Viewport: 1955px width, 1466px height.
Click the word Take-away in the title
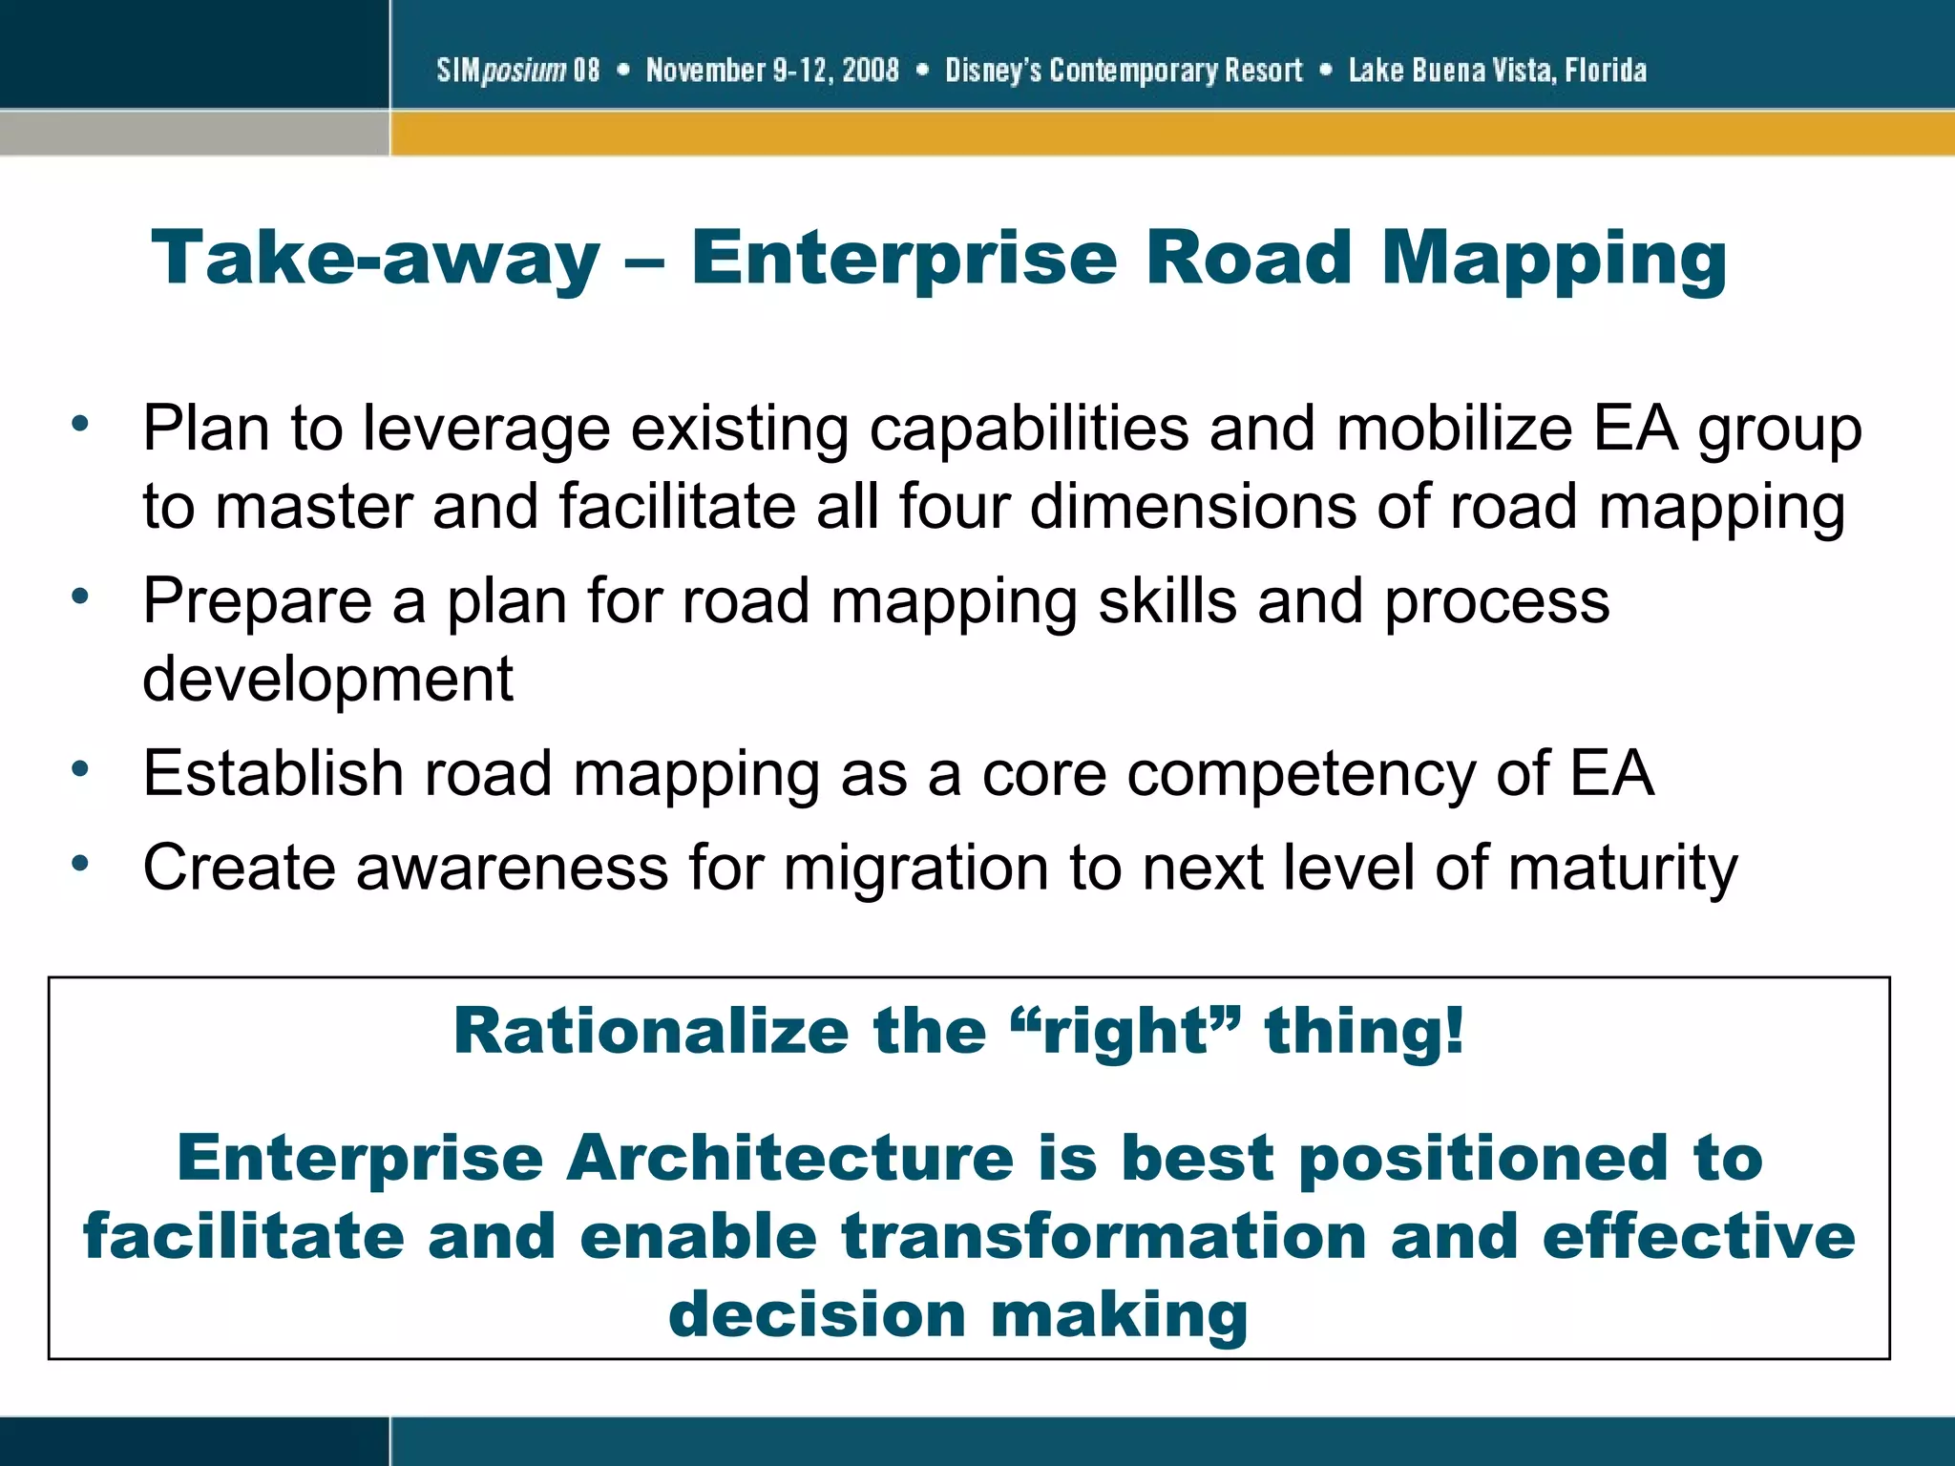pos(375,259)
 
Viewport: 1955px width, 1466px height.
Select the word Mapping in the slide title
pos(1553,259)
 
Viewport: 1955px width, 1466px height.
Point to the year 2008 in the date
pos(871,71)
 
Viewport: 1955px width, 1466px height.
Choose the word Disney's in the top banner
pos(993,71)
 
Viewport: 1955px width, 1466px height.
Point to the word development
pos(327,680)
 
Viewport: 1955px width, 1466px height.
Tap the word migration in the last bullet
pos(915,869)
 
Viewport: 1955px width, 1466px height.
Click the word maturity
pos(1623,869)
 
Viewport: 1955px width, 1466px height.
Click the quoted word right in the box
pos(1126,1032)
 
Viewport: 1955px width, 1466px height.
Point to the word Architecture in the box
pos(790,1158)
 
